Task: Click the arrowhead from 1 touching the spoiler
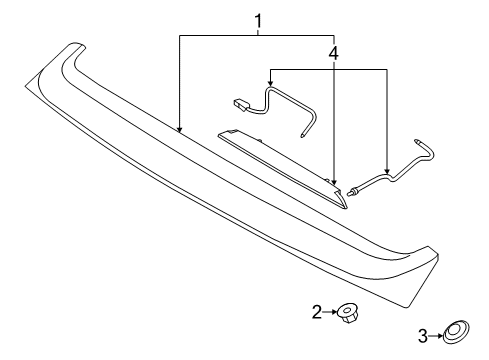(x=179, y=130)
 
